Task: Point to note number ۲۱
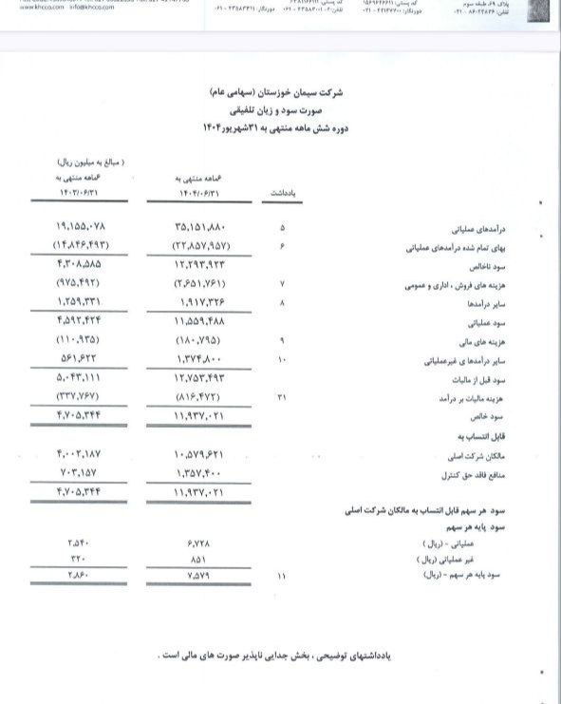pyautogui.click(x=281, y=397)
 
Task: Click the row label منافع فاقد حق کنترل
pyautogui.click(x=442, y=473)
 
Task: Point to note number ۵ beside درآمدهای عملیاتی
pyautogui.click(x=281, y=228)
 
